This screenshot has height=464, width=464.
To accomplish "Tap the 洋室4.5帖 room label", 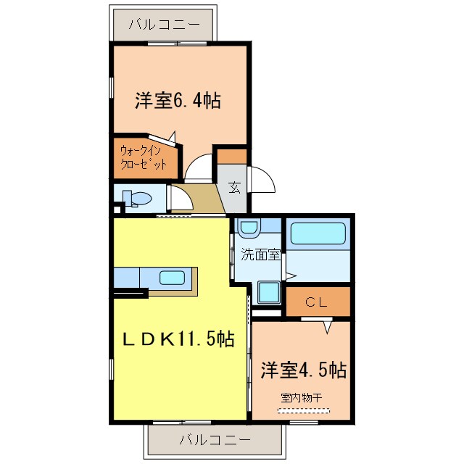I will [x=302, y=370].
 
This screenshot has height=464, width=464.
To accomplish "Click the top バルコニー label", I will [x=164, y=25].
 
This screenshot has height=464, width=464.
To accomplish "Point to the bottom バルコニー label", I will [x=214, y=439].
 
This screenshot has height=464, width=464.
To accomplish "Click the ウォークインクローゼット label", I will [x=144, y=157].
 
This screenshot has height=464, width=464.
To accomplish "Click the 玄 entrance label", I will [x=235, y=187].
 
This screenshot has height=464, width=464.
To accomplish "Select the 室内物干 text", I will [x=302, y=397].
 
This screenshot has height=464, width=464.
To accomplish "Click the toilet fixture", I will [x=135, y=197].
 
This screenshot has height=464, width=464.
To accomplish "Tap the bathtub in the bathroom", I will [x=318, y=234].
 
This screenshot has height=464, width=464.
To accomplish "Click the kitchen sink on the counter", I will [x=172, y=277].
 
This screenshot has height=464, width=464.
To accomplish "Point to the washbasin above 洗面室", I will [x=249, y=228].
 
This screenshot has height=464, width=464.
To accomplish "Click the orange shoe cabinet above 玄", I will [x=232, y=155].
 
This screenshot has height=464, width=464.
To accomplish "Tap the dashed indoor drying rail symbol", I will [x=302, y=410].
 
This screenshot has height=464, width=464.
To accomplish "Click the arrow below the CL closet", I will [x=327, y=327].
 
